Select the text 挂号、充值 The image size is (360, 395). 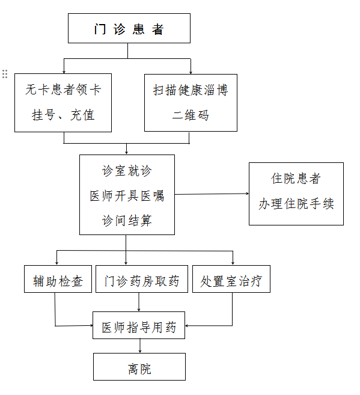[63, 115]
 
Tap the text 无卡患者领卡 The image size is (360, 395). [63, 90]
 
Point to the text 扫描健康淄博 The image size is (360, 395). [191, 90]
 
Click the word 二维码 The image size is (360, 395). [191, 115]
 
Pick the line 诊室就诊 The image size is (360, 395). [127, 171]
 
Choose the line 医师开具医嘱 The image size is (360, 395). [127, 196]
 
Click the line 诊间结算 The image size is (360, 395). [127, 221]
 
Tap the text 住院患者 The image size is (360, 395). [296, 179]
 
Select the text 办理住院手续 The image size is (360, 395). [296, 204]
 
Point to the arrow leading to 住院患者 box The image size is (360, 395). [212, 194]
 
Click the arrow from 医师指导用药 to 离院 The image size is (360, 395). [140, 346]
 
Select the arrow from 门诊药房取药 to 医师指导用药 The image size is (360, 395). [139, 302]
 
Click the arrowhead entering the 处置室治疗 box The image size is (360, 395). [233, 263]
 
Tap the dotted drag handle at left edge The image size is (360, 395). [5, 74]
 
